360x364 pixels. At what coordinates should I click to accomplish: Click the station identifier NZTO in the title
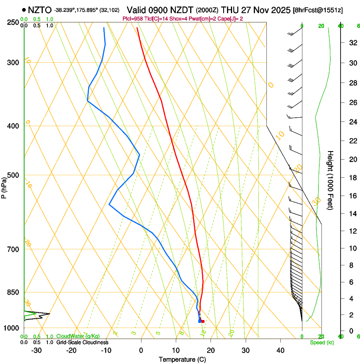click(x=40, y=10)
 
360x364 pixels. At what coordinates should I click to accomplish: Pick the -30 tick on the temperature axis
click(x=36, y=350)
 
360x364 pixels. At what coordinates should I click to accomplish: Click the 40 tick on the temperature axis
click(x=280, y=350)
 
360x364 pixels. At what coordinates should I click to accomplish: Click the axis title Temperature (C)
click(x=182, y=359)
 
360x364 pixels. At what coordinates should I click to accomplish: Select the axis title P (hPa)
click(x=4, y=186)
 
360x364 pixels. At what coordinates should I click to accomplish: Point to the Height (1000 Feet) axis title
click(x=330, y=180)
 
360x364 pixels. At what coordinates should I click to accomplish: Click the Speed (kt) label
click(x=321, y=342)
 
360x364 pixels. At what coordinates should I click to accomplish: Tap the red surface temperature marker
click(x=203, y=322)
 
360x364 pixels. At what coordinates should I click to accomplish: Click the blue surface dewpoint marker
click(x=200, y=322)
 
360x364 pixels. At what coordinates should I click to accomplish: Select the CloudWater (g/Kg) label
click(x=78, y=336)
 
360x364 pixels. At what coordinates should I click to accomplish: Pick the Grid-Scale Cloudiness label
click(x=82, y=342)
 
